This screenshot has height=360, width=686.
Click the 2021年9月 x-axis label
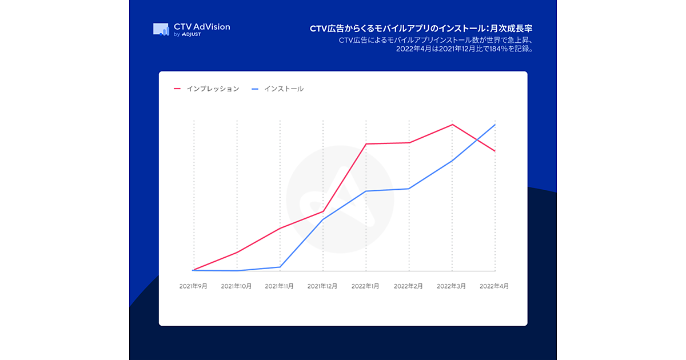pyautogui.click(x=193, y=286)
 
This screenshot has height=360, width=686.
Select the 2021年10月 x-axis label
pyautogui.click(x=236, y=286)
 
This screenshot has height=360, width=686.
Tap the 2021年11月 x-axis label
pyautogui.click(x=280, y=286)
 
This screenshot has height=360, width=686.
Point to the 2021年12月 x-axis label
pyautogui.click(x=322, y=286)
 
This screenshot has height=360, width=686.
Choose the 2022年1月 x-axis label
pyautogui.click(x=366, y=286)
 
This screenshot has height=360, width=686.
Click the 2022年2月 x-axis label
pyautogui.click(x=409, y=286)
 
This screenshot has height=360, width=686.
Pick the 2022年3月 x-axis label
pyautogui.click(x=452, y=286)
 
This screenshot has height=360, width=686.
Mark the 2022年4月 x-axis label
pyautogui.click(x=494, y=286)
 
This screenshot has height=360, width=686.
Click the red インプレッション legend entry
pyautogui.click(x=206, y=89)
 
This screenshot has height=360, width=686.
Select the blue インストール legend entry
pyautogui.click(x=278, y=89)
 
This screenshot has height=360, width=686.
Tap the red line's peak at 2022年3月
pyautogui.click(x=452, y=125)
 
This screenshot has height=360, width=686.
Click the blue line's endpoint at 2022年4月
pyautogui.click(x=495, y=125)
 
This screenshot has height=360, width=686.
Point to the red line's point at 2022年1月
pyautogui.click(x=366, y=144)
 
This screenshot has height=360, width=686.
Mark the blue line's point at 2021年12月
pyautogui.click(x=323, y=219)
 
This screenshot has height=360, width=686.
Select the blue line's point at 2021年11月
pyautogui.click(x=280, y=267)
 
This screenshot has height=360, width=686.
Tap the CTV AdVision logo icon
pyautogui.click(x=161, y=29)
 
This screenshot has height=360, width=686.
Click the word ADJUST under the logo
pyautogui.click(x=191, y=35)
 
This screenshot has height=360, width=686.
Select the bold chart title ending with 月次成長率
pyautogui.click(x=424, y=28)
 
